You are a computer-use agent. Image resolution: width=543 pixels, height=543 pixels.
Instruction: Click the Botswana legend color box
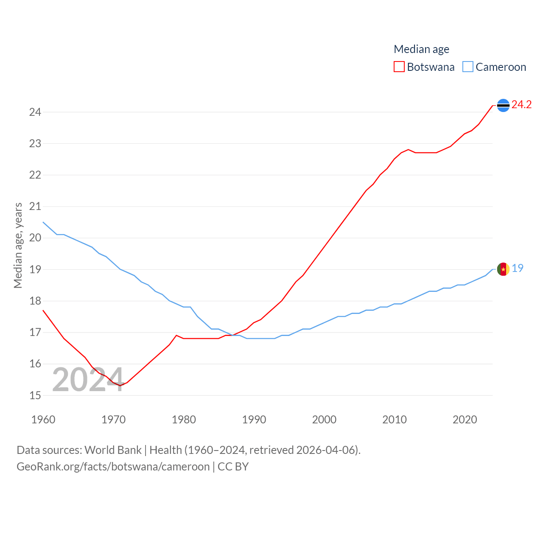click(399, 67)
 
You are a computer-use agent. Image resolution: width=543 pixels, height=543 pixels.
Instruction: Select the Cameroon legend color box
click(467, 67)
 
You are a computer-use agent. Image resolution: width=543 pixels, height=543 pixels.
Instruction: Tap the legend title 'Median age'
click(421, 49)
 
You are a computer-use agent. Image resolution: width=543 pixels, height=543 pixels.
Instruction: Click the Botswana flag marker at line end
click(503, 105)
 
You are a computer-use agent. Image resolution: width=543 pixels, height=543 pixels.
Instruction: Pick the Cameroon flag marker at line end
click(503, 269)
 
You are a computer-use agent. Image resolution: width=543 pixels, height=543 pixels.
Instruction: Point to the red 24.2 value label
click(521, 104)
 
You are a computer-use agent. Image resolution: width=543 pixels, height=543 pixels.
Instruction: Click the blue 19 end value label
click(518, 268)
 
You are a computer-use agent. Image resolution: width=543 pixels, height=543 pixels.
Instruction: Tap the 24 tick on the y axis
click(35, 112)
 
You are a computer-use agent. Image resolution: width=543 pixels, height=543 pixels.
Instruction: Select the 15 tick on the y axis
click(35, 395)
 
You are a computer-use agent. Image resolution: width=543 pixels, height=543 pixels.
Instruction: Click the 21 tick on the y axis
click(35, 207)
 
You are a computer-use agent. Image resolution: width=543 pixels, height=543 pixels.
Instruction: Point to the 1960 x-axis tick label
click(43, 420)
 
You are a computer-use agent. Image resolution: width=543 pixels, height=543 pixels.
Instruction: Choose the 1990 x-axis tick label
click(254, 420)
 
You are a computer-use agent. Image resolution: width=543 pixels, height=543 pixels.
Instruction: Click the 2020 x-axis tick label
click(465, 420)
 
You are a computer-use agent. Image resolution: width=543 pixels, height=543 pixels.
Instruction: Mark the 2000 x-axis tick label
click(324, 420)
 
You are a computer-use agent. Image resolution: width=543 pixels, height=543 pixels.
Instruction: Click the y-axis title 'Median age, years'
click(18, 245)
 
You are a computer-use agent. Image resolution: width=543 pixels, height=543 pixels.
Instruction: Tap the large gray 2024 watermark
click(88, 380)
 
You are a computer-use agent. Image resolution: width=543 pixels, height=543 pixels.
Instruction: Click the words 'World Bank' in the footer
click(113, 450)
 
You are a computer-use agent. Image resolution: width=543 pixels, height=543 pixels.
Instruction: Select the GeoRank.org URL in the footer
click(113, 467)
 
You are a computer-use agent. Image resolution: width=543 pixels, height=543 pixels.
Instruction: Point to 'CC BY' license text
click(233, 467)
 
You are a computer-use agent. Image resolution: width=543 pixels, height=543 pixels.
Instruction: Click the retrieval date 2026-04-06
click(327, 450)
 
